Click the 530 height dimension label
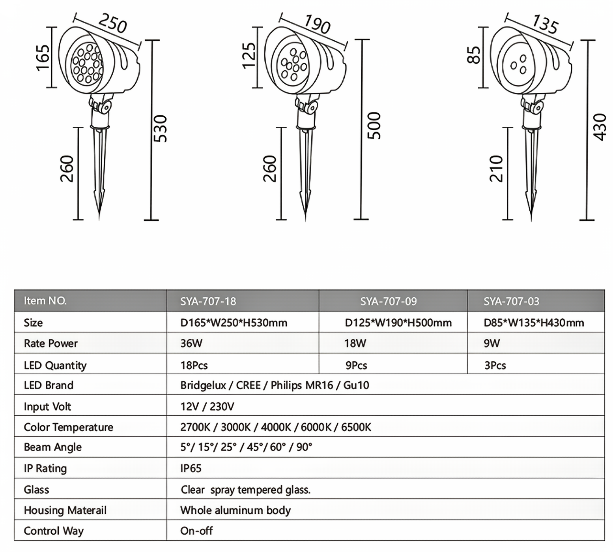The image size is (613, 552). pos(161,129)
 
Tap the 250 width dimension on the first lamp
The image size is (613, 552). pos(112,23)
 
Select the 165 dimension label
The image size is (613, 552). pos(43,58)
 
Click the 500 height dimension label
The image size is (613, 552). pos(374,126)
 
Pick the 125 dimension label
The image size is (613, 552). pos(249,55)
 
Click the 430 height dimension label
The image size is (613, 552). pos(600,127)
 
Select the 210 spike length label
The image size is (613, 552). pos(496,169)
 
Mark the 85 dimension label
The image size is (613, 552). pos(474,55)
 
